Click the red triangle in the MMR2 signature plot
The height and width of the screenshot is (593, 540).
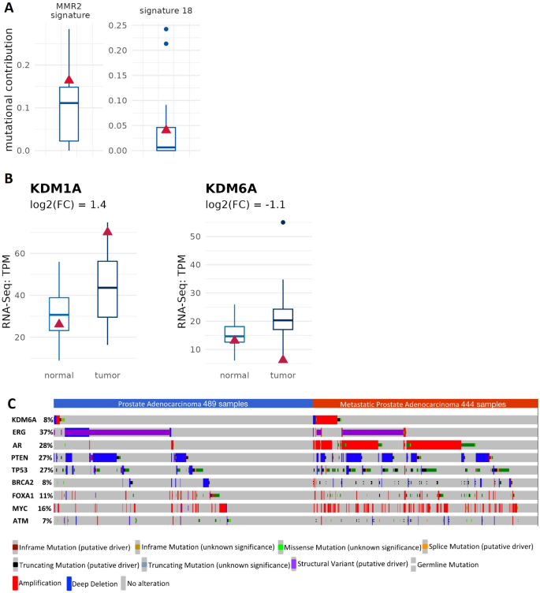(69, 79)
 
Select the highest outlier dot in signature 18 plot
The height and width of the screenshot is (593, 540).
(166, 29)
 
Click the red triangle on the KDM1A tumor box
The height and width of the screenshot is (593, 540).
(107, 230)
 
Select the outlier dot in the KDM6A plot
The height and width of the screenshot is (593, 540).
(283, 222)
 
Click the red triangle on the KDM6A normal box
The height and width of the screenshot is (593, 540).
(234, 339)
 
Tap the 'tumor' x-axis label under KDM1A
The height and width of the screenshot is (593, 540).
(107, 375)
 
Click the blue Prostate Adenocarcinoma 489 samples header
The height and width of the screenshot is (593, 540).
(183, 404)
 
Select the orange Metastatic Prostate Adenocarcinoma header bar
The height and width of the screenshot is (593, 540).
(425, 404)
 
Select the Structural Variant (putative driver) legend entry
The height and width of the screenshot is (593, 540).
(351, 564)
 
